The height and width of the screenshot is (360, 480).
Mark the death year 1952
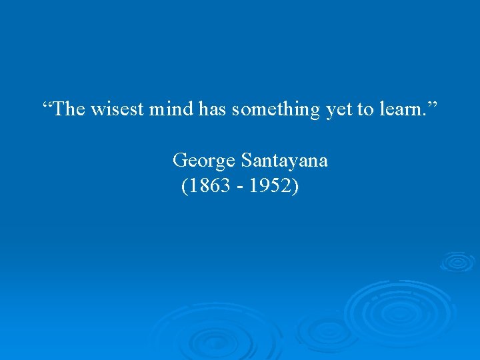pyautogui.click(x=270, y=187)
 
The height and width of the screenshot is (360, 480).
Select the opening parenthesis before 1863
pyautogui.click(x=184, y=187)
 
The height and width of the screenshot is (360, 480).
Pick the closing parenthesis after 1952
pyautogui.click(x=295, y=187)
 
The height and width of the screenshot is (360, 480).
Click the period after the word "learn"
pyautogui.click(x=425, y=115)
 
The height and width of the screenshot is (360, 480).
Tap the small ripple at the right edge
pyautogui.click(x=457, y=261)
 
